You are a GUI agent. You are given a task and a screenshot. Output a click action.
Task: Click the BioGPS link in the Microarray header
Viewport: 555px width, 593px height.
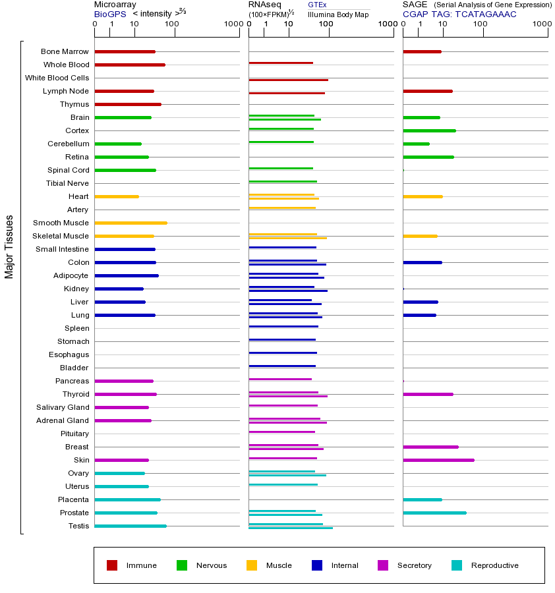pyautogui.click(x=109, y=14)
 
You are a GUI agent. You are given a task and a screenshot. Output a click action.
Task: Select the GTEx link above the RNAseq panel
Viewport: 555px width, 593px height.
pyautogui.click(x=317, y=5)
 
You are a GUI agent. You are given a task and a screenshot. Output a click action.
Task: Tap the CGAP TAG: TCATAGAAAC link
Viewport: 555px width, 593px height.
pyautogui.click(x=459, y=14)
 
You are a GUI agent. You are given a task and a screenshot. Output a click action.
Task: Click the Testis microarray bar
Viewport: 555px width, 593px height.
pyautogui.click(x=131, y=526)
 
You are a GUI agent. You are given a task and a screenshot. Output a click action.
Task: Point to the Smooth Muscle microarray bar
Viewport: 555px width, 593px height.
pyautogui.click(x=131, y=223)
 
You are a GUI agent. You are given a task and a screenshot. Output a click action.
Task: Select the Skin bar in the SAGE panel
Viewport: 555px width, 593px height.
pyautogui.click(x=438, y=460)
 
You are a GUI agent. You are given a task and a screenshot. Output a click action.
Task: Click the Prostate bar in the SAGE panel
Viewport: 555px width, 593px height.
pyautogui.click(x=434, y=513)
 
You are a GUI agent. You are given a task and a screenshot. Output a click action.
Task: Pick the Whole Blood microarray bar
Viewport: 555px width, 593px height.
pyautogui.click(x=130, y=65)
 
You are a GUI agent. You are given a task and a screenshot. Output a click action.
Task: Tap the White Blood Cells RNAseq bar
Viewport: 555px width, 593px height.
pyautogui.click(x=288, y=80)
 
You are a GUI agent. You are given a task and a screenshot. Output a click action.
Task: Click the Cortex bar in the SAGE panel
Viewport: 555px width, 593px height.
pyautogui.click(x=429, y=130)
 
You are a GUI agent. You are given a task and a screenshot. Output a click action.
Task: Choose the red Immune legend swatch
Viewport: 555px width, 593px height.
pyautogui.click(x=112, y=565)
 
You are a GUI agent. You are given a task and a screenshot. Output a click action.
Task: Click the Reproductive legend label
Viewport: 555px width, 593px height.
pyautogui.click(x=494, y=565)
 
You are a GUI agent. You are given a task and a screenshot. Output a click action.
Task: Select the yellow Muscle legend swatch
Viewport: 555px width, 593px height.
pyautogui.click(x=252, y=565)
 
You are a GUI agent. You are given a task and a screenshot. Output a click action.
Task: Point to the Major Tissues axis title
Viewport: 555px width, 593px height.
pyautogui.click(x=9, y=246)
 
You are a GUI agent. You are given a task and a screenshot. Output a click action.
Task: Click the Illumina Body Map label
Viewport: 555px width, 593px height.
pyautogui.click(x=339, y=14)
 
